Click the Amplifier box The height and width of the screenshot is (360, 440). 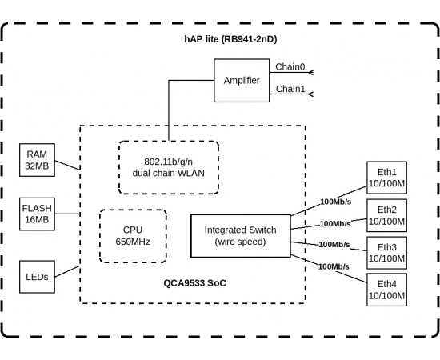click(242, 80)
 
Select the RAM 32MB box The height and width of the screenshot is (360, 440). click(37, 160)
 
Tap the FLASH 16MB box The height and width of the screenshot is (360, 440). click(37, 214)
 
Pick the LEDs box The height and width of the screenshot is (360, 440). click(37, 277)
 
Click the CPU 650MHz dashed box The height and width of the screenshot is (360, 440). click(133, 236)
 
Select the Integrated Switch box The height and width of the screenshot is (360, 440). click(241, 236)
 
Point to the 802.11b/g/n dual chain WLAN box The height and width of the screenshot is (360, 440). click(168, 167)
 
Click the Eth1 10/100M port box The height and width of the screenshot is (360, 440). click(386, 178)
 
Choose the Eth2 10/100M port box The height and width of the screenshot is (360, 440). click(386, 215)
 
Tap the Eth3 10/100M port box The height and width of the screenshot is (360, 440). click(386, 253)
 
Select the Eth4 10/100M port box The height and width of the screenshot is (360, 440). click(386, 290)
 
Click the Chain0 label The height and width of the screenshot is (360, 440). click(290, 66)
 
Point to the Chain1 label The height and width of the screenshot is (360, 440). click(290, 89)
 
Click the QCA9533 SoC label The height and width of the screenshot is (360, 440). click(194, 283)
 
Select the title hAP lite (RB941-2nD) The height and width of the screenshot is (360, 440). click(230, 39)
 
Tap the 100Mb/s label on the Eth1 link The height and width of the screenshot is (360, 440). click(336, 202)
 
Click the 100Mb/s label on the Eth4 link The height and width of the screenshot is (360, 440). click(334, 266)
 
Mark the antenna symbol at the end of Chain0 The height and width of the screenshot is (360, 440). click(310, 72)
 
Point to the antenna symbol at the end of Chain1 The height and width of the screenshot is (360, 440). click(310, 94)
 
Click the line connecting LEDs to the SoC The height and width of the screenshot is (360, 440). click(67, 271)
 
